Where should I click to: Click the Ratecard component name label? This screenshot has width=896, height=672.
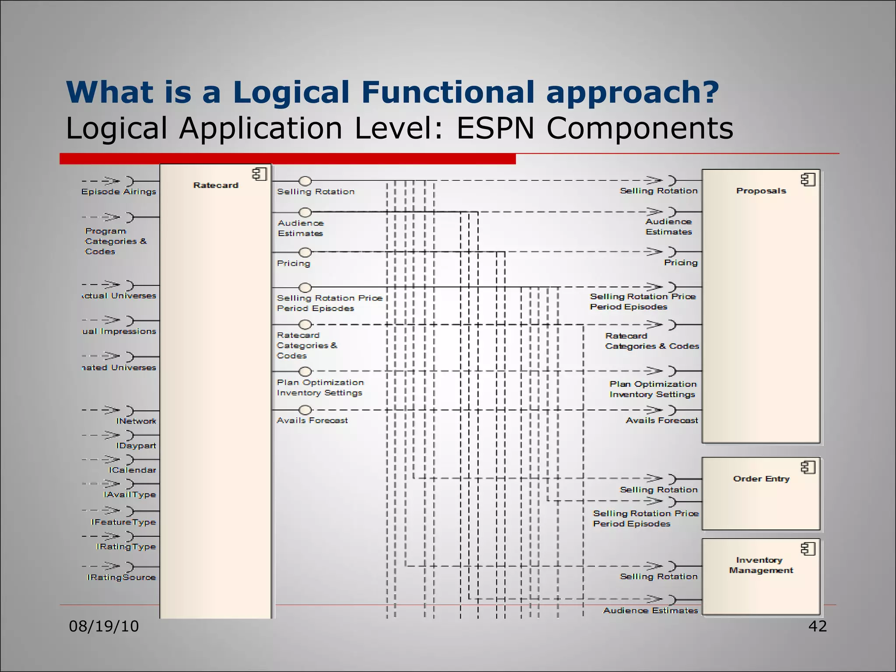(216, 185)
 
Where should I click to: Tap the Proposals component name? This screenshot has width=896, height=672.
(761, 191)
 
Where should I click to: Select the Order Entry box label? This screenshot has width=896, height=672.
(761, 479)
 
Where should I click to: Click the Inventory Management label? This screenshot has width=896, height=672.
(761, 565)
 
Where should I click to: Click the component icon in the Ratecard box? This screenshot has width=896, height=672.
(259, 174)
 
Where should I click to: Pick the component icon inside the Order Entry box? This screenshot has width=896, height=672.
(808, 468)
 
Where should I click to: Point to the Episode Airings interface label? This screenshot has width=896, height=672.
(119, 192)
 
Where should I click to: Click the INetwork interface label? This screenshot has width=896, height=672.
(136, 421)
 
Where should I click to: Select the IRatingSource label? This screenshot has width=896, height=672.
(121, 577)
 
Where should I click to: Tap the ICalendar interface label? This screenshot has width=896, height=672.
(132, 470)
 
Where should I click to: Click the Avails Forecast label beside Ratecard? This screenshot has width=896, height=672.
(312, 420)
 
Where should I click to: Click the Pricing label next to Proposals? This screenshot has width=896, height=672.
(681, 262)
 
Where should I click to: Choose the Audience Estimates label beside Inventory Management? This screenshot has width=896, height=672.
(651, 610)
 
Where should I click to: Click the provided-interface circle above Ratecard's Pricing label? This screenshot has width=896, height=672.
(305, 252)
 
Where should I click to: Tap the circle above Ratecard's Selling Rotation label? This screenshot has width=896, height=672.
(305, 181)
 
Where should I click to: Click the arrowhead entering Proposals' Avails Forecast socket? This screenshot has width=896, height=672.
(655, 410)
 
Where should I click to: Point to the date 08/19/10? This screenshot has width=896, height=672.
(104, 626)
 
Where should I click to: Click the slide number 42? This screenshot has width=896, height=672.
(817, 626)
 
